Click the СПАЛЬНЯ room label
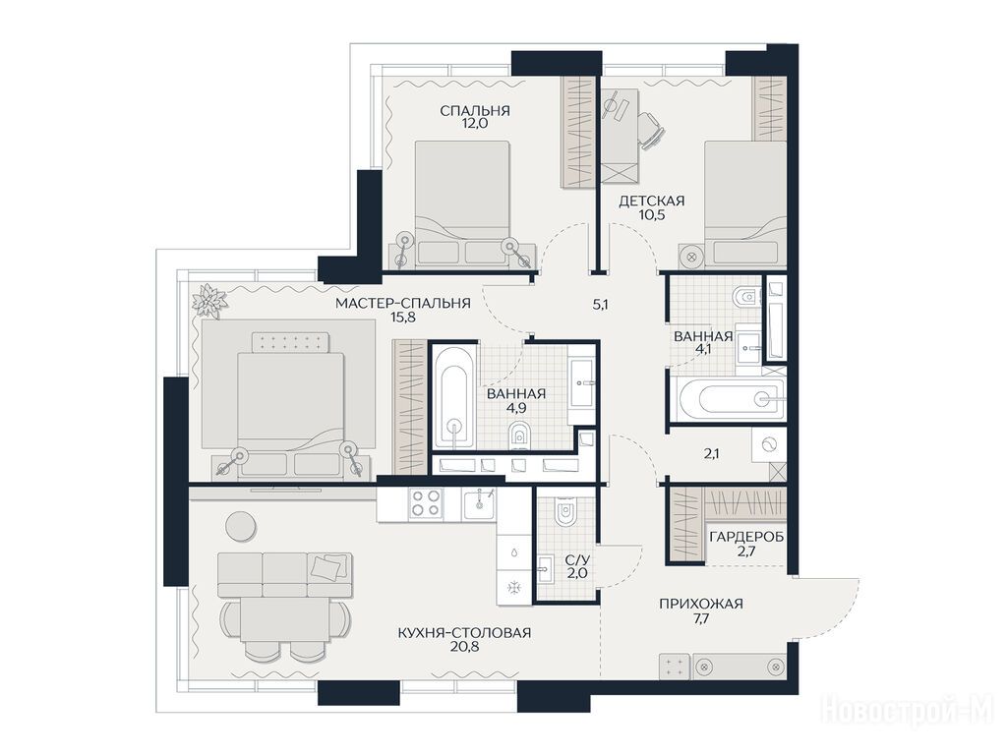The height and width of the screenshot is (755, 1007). [475, 110]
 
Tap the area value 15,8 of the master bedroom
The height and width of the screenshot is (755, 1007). [402, 317]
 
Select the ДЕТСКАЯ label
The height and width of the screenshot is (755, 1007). [651, 201]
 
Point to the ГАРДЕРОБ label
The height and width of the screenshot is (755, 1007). [746, 537]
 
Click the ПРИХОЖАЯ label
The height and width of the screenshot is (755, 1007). [700, 604]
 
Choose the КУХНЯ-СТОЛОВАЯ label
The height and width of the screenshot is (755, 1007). [464, 633]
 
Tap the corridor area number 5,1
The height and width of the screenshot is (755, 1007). [600, 305]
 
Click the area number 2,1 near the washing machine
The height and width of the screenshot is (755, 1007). [711, 454]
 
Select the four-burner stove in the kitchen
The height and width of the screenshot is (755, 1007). [426, 502]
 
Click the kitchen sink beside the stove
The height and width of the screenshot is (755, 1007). [478, 502]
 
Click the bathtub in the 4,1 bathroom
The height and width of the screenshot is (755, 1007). [732, 398]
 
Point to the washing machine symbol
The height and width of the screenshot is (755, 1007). [769, 444]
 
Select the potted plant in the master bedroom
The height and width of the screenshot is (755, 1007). [208, 300]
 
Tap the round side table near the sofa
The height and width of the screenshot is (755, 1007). [241, 525]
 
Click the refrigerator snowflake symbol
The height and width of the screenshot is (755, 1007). [515, 587]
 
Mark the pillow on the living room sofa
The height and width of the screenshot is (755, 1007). [326, 566]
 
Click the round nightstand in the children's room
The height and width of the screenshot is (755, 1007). [691, 256]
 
